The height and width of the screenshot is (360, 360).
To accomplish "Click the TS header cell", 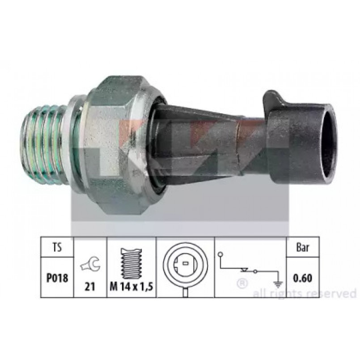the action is pyautogui.click(x=57, y=247).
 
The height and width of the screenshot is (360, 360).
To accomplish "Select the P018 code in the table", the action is pyautogui.click(x=57, y=278).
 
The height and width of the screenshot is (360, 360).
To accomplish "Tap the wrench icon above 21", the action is pyautogui.click(x=90, y=265).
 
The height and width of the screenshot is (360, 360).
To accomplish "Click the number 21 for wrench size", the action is pyautogui.click(x=90, y=286).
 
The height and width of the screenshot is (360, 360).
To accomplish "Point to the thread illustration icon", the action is pyautogui.click(x=131, y=263).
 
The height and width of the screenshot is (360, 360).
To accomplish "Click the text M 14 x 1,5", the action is pyautogui.click(x=131, y=286).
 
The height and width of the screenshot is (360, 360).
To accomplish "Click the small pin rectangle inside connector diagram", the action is pyautogui.click(x=186, y=264).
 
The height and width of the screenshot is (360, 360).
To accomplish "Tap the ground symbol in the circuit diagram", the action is pyautogui.click(x=278, y=285).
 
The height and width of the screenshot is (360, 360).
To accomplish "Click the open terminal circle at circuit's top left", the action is pyautogui.click(x=220, y=254).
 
